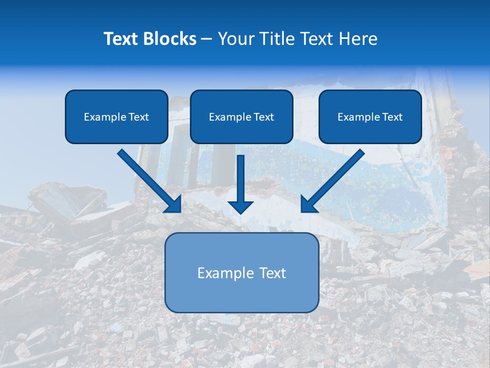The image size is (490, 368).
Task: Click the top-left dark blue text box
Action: pyautogui.click(x=116, y=117)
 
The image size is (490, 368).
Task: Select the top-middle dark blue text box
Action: pyautogui.click(x=241, y=117)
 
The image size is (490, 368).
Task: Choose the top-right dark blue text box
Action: pyautogui.click(x=370, y=117)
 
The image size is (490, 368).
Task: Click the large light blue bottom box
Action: pyautogui.click(x=241, y=272)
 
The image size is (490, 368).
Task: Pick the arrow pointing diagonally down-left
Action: pyautogui.click(x=334, y=179)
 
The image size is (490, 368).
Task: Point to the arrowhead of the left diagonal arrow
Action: pyautogui.click(x=174, y=204)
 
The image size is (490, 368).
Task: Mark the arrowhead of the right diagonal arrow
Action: pyautogui.click(x=308, y=204)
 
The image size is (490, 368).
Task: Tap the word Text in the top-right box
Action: pyautogui.click(x=393, y=117)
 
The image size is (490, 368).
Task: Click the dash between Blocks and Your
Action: pyautogui.click(x=207, y=39)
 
